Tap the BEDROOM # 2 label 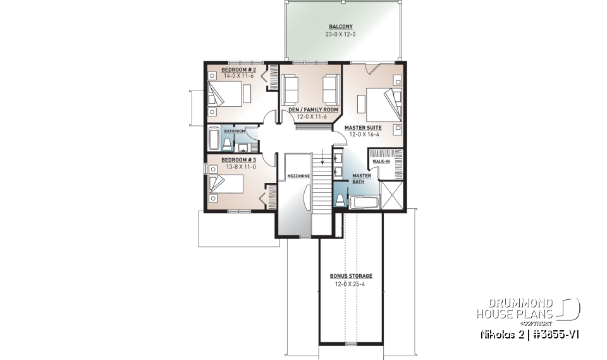pyautogui.click(x=238, y=69)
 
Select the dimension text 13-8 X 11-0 pyautogui.click(x=238, y=166)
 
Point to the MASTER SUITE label pyautogui.click(x=363, y=127)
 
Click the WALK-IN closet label pyautogui.click(x=381, y=161)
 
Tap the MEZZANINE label pyautogui.click(x=297, y=175)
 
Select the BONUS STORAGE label pyautogui.click(x=351, y=276)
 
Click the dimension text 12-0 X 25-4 pyautogui.click(x=351, y=284)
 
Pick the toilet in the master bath pyautogui.click(x=340, y=201)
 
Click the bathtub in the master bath pyautogui.click(x=363, y=203)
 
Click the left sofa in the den pyautogui.click(x=290, y=89)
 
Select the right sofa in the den pyautogui.click(x=330, y=89)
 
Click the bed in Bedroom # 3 pyautogui.click(x=226, y=184)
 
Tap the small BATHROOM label pyautogui.click(x=234, y=131)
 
